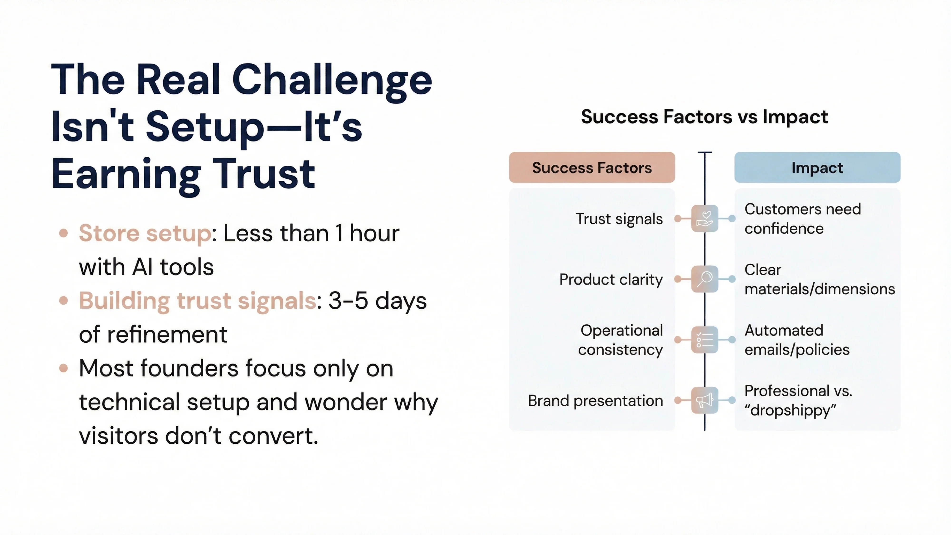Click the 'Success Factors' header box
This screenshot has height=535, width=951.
[592, 168]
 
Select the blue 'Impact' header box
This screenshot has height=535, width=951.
[817, 168]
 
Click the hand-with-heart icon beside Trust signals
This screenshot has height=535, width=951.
[704, 219]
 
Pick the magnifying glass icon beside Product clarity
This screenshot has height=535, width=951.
[704, 279]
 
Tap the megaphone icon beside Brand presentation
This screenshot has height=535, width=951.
[704, 400]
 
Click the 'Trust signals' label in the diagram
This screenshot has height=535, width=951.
[619, 219]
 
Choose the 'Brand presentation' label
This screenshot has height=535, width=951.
[595, 401]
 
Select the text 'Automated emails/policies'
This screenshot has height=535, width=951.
[797, 340]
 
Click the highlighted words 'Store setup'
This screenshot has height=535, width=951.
[145, 233]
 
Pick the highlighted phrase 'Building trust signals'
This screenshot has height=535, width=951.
[198, 301]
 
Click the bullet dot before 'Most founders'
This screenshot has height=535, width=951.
[63, 368]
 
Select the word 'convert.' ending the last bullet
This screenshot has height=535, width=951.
[273, 436]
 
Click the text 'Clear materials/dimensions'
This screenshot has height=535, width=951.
[819, 279]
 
